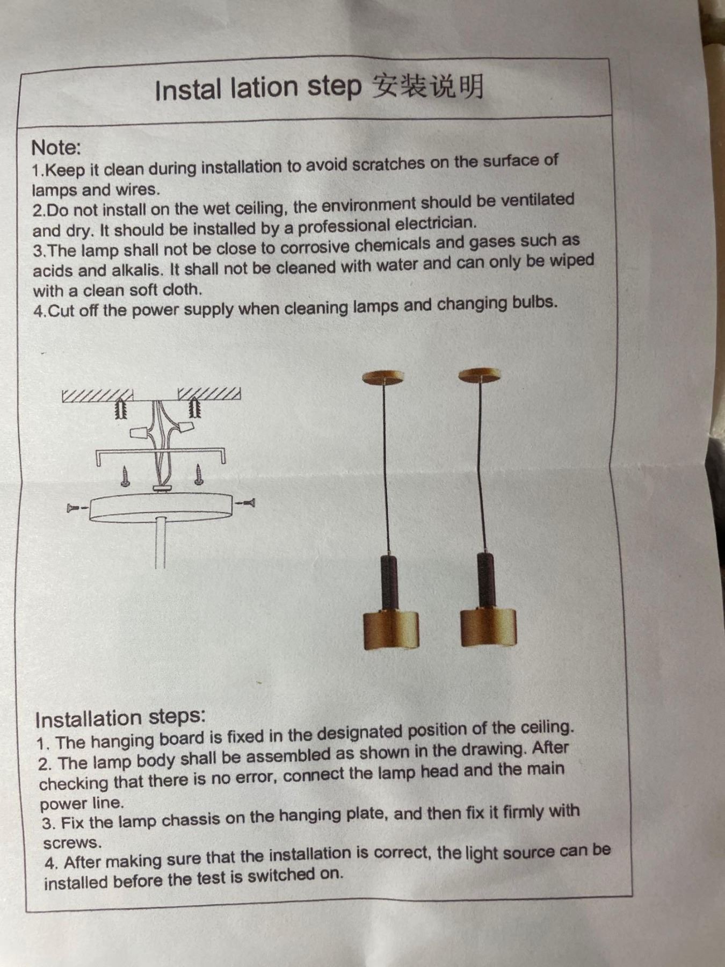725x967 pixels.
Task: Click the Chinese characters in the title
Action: pos(428,85)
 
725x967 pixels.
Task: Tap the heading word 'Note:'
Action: pos(56,147)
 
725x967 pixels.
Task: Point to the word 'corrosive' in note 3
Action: pos(314,247)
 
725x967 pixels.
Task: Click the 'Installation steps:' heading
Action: pos(120,718)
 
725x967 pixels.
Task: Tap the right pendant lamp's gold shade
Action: pos(488,627)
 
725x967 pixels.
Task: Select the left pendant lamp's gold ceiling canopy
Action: pos(383,378)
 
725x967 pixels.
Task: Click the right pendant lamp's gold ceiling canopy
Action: pos(480,375)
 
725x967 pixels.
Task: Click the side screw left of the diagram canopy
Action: pos(77,508)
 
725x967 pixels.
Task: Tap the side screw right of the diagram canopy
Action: pos(245,503)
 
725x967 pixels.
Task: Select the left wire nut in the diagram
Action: pos(139,432)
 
